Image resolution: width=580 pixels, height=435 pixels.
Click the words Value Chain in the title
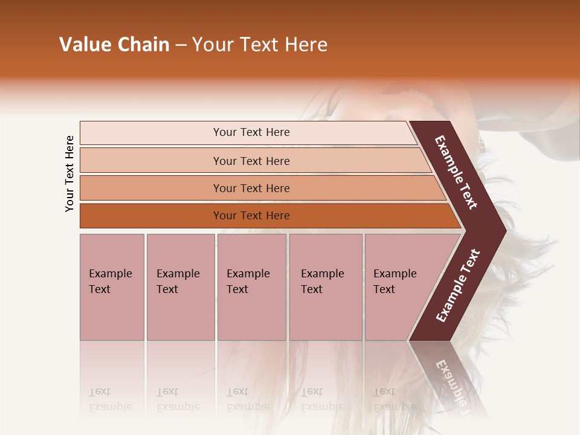114,45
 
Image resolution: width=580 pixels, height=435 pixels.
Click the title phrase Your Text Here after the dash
260,45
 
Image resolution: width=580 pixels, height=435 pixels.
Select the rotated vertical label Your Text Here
69,174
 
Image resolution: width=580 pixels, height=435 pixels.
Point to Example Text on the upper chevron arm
456,172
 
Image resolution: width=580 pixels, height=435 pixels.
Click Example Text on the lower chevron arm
458,286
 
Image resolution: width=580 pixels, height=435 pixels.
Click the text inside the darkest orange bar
251,216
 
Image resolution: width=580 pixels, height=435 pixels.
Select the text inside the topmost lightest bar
251,132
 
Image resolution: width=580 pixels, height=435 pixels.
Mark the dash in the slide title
181,45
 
